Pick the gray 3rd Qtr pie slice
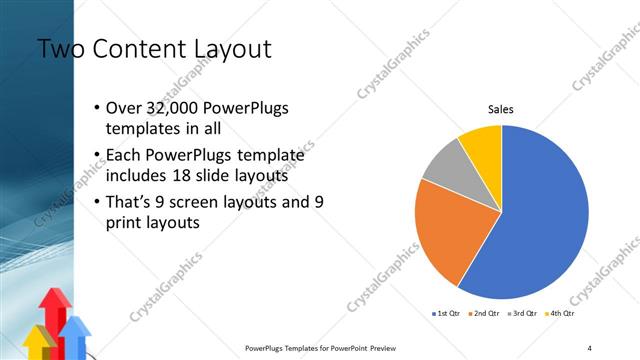tap(442, 166)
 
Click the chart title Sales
tap(501, 110)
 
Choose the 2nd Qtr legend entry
tap(485, 314)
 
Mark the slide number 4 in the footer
tap(590, 348)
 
